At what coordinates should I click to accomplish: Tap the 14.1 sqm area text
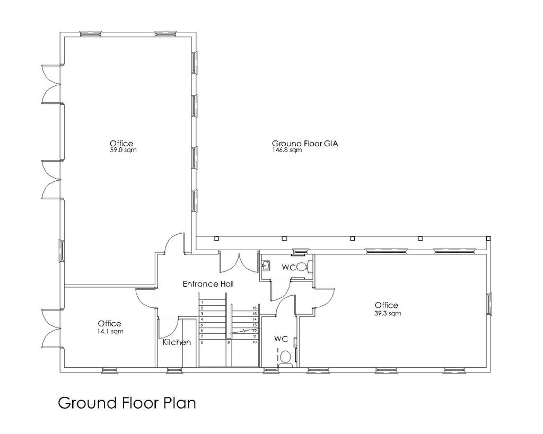(x=110, y=331)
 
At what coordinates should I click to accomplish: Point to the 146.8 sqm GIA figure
(x=287, y=150)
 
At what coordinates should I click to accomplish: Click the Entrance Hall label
(x=208, y=284)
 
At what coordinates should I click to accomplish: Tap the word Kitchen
(x=177, y=342)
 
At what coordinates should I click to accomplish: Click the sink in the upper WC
(x=266, y=266)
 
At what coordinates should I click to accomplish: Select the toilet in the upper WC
(x=305, y=267)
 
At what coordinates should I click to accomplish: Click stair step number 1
(x=202, y=302)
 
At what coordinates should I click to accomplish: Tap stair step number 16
(x=255, y=308)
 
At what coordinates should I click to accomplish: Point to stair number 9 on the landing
(x=229, y=343)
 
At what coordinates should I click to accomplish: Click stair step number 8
(x=202, y=342)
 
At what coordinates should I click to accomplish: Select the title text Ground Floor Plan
(x=127, y=403)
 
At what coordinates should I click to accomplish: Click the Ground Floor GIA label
(x=305, y=143)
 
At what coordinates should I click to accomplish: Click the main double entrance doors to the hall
(x=239, y=262)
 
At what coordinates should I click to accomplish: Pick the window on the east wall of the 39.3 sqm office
(x=489, y=304)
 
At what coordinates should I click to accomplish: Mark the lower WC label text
(x=281, y=339)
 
